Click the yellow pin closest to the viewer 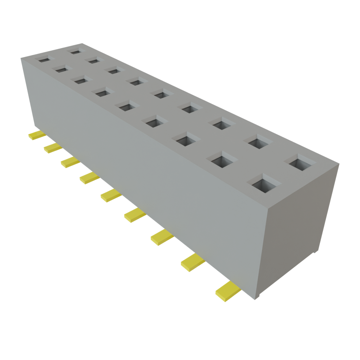click(x=227, y=291)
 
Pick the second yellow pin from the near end click(x=193, y=262)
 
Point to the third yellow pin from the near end click(x=162, y=238)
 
